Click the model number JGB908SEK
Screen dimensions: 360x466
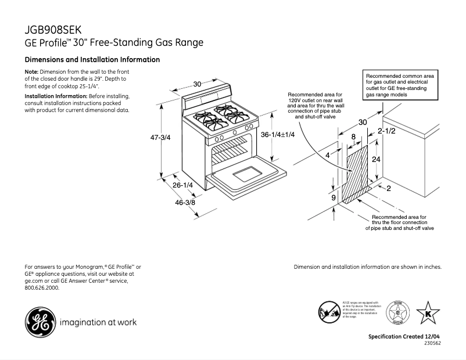click(53, 30)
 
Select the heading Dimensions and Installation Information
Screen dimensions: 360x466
click(92, 60)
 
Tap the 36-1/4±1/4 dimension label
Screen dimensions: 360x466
click(278, 135)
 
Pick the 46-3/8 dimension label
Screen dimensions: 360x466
click(185, 203)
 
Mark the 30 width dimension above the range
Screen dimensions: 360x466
click(197, 84)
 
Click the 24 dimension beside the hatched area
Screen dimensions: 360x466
click(376, 159)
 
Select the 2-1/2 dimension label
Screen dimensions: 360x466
click(386, 132)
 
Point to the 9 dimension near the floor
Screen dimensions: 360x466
click(334, 198)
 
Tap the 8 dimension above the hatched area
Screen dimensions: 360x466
click(353, 136)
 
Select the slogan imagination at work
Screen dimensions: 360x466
click(98, 322)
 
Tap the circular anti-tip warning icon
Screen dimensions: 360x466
click(329, 312)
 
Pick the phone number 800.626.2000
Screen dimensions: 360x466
click(42, 287)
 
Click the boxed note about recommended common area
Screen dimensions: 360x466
click(401, 85)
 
